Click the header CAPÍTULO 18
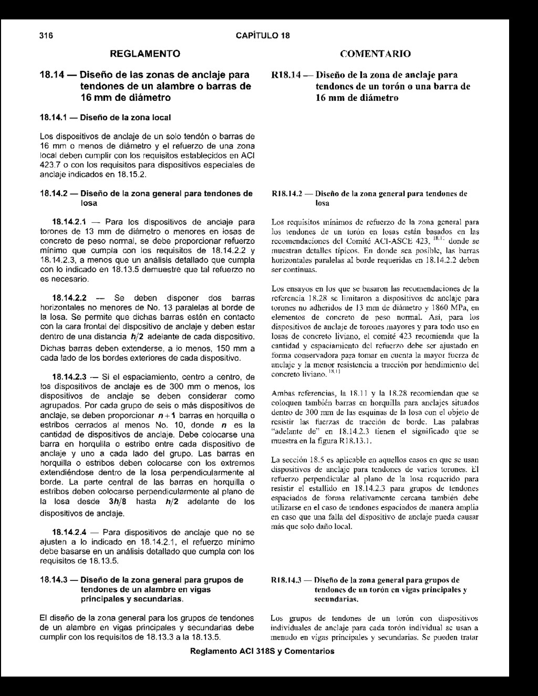[263, 36]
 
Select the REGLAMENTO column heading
[144, 54]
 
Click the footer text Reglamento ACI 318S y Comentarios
[262, 651]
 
